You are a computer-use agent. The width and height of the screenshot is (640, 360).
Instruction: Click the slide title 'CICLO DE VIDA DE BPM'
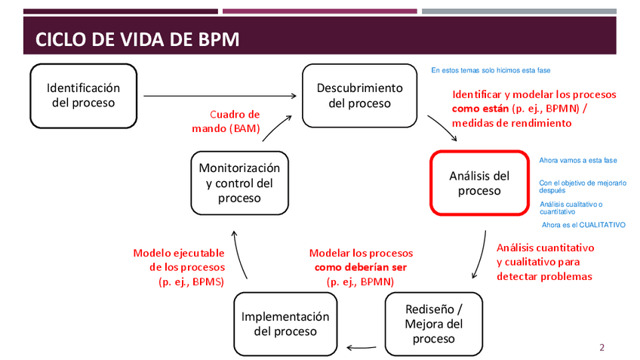(138, 39)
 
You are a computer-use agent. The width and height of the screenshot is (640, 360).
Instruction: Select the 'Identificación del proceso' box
(83, 95)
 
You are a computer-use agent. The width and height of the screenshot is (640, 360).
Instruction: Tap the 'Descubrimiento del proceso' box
(359, 95)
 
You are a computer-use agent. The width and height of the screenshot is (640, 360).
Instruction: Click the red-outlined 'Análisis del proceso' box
(479, 183)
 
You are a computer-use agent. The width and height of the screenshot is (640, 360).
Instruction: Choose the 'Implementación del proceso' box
(285, 324)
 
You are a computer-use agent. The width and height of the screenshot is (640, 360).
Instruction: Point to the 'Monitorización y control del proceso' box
(238, 183)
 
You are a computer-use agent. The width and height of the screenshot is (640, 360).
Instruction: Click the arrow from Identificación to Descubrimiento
(219, 96)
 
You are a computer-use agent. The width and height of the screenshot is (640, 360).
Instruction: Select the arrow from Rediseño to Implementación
(361, 348)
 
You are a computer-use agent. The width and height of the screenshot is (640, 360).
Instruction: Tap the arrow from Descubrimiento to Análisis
(442, 128)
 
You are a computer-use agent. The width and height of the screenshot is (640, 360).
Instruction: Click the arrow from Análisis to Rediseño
(480, 257)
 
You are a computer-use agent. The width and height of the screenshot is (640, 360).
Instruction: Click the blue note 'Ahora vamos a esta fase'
(578, 161)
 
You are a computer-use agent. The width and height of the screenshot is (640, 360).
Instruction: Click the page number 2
(602, 348)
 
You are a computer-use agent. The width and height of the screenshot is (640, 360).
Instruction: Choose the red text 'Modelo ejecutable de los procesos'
(179, 260)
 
